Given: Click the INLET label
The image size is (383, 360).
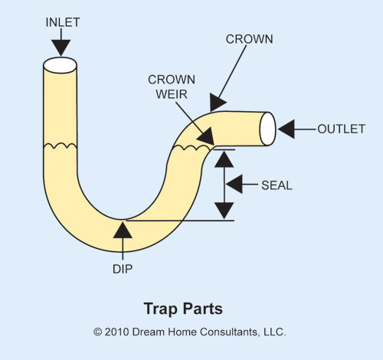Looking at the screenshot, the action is point(63,22).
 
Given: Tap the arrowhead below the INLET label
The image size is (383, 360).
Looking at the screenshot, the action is point(61,47).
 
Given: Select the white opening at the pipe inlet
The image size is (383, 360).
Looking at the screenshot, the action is point(60,65).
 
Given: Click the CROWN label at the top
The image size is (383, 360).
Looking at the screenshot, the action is point(249,39).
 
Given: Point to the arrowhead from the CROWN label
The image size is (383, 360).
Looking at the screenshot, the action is point(217,103).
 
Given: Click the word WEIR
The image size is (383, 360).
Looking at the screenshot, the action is point(172,94).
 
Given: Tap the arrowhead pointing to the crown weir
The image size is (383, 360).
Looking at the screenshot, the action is point(206,136).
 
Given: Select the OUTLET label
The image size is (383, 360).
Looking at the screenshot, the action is point(341,129).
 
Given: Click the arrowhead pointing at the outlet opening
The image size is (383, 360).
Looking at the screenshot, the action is point(286,129).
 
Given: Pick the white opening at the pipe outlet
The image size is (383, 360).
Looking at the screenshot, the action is point(267,129).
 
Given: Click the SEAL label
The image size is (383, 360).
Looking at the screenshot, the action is point(277,185).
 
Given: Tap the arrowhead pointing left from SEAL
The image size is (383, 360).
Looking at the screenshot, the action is point(234,184).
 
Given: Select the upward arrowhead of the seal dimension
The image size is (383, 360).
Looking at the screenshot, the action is point(224,159).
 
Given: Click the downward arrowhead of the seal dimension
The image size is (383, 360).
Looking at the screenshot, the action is point(224,211).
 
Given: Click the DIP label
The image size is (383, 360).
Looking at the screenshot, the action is point(123,269).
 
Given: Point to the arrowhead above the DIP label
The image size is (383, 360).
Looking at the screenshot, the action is point(123,230).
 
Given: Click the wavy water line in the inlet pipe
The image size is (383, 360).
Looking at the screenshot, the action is point(61,146).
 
